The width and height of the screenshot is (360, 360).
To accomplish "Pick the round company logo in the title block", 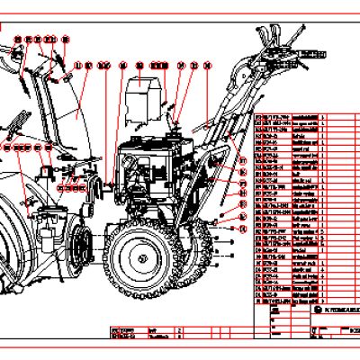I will (320, 309).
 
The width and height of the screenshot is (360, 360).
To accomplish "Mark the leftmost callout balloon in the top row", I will (17, 40).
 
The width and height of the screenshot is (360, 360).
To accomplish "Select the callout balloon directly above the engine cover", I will (139, 66).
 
